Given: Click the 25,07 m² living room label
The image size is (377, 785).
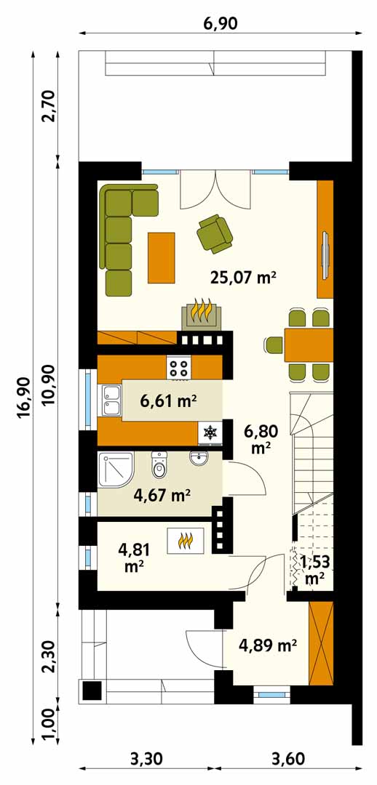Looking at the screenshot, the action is [x=244, y=276].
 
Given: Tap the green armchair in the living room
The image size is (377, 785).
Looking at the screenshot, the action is [x=215, y=232].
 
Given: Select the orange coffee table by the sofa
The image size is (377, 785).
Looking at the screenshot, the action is [x=161, y=257].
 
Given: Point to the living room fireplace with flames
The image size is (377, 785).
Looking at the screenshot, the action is [x=201, y=315].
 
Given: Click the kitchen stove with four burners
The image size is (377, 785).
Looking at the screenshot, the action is [x=179, y=368].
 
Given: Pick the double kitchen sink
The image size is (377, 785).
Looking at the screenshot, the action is [x=111, y=400].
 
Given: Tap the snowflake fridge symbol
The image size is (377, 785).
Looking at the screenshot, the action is [x=210, y=432].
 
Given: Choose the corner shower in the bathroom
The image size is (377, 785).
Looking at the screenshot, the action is [x=115, y=469].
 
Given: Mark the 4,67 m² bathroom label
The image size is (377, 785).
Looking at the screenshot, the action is [x=162, y=496].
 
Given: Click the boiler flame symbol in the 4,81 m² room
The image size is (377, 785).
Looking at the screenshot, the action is [x=186, y=541].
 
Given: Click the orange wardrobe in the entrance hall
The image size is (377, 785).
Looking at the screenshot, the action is [x=322, y=643].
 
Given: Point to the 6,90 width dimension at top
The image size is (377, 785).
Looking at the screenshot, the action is [x=221, y=23].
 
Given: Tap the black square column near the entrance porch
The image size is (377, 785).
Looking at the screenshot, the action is [x=92, y=691].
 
